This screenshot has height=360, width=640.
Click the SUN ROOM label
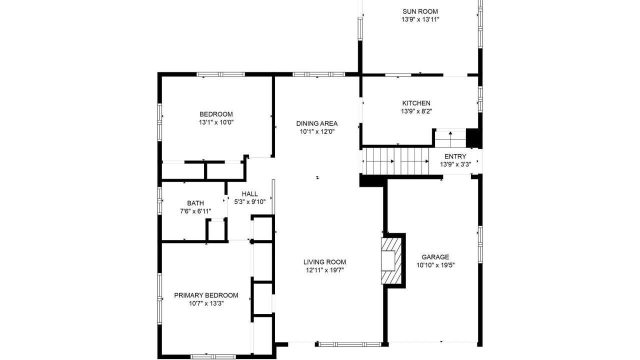click(420, 11)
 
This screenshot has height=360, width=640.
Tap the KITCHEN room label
click(416, 103)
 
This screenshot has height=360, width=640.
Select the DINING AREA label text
click(317, 123)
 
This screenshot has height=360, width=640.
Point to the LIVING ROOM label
click(324, 261)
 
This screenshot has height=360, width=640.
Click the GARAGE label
click(435, 257)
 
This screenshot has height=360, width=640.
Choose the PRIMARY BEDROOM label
click(206, 295)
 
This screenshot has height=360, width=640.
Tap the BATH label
click(195, 203)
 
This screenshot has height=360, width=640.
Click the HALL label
click(249, 193)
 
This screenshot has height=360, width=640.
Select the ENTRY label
click(455, 156)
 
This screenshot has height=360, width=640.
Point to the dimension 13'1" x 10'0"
click(216, 122)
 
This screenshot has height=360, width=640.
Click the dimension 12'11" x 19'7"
click(324, 270)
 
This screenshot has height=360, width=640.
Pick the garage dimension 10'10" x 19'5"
click(435, 265)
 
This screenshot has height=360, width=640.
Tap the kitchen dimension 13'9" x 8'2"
click(416, 111)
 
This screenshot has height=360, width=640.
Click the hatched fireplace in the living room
click(391, 261)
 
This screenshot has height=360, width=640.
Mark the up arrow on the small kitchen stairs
click(450, 136)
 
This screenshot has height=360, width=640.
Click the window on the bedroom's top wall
click(220, 74)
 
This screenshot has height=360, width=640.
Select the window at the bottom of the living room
click(350, 344)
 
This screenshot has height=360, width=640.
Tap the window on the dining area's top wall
click(318, 74)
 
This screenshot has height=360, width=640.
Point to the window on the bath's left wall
click(159, 200)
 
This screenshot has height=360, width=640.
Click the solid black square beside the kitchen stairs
click(472, 137)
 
